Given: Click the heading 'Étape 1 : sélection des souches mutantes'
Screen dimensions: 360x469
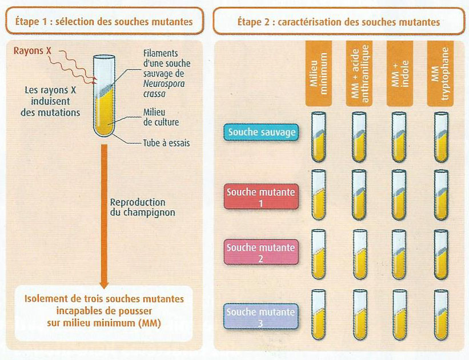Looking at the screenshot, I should pos(103,22).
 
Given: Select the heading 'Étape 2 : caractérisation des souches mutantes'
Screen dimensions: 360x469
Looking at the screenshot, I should pos(338,22).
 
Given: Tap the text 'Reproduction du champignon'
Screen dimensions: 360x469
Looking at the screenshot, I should pos(138,207).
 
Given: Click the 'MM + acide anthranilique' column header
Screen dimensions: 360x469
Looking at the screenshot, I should pos(359,73).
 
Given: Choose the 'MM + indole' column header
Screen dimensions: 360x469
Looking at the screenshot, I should pos(400,73).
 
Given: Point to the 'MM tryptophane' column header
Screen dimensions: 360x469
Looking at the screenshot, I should pos(441,73).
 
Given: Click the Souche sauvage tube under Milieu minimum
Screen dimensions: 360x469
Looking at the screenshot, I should pos(318,138).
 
